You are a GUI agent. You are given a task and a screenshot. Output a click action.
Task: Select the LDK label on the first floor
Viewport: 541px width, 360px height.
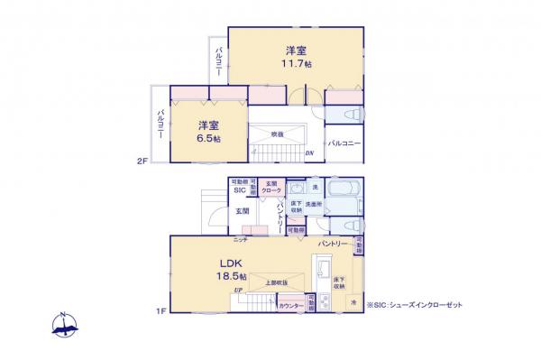pos(228,263)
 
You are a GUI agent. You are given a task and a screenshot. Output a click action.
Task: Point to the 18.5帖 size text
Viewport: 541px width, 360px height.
pos(230,275)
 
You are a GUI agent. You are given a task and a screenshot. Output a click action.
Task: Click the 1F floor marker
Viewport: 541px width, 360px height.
pos(160,312)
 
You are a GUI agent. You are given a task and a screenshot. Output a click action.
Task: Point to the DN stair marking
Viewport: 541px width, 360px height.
pos(309,152)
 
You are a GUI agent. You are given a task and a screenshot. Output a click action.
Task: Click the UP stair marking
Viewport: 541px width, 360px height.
pos(238,291)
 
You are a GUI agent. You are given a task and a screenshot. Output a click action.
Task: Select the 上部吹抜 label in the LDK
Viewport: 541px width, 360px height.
pos(276,283)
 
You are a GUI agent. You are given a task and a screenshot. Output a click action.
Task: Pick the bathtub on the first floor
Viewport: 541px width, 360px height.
pos(345,192)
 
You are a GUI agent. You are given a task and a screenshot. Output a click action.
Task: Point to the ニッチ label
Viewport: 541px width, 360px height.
pos(240,240)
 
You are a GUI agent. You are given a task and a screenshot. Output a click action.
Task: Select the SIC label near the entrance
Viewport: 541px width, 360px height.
pos(240,190)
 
